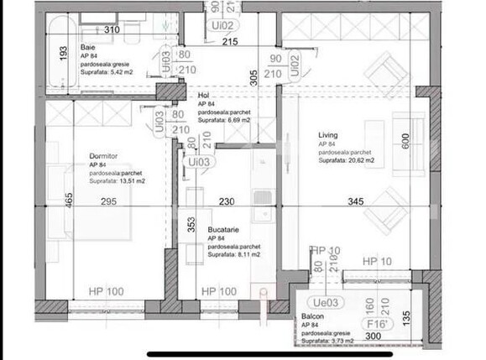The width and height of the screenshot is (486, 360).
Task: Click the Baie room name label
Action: (88, 48)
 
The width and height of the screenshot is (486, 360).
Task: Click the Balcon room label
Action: (313, 316)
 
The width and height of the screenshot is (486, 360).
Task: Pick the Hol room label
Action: (203, 96)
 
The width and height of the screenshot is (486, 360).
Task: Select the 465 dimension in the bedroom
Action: (69, 202)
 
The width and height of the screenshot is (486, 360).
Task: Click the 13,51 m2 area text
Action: (117, 180)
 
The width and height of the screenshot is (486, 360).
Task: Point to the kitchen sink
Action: (263, 197)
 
